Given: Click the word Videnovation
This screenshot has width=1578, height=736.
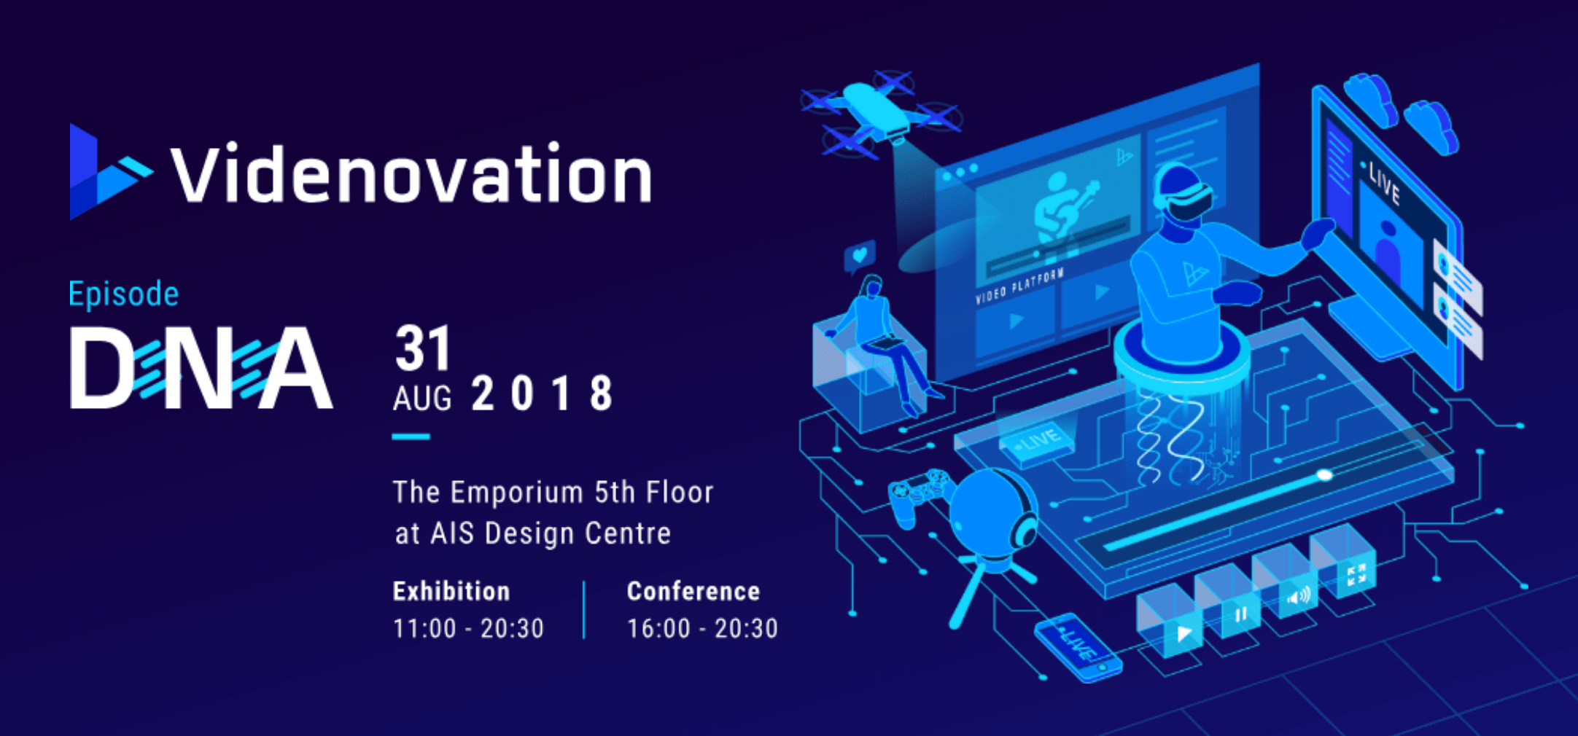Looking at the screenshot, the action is click(411, 173).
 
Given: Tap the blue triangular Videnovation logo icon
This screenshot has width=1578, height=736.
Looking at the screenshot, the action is click(109, 172).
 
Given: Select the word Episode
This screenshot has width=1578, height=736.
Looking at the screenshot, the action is click(123, 294).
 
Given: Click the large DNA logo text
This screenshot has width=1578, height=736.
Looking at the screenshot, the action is click(201, 367).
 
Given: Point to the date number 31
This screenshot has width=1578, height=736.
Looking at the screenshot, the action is click(424, 348).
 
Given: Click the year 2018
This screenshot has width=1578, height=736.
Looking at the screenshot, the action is click(543, 394).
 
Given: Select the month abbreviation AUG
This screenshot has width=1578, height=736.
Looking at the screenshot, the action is click(422, 399).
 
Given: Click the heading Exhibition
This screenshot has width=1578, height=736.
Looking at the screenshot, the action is click(451, 591).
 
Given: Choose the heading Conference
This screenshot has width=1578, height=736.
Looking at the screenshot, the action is click(693, 591).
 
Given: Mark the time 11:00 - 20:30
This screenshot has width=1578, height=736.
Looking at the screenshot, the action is click(468, 628).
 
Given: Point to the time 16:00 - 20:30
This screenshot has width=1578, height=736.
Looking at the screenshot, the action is click(702, 628).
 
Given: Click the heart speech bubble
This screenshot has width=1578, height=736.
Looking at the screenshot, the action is click(860, 257).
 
